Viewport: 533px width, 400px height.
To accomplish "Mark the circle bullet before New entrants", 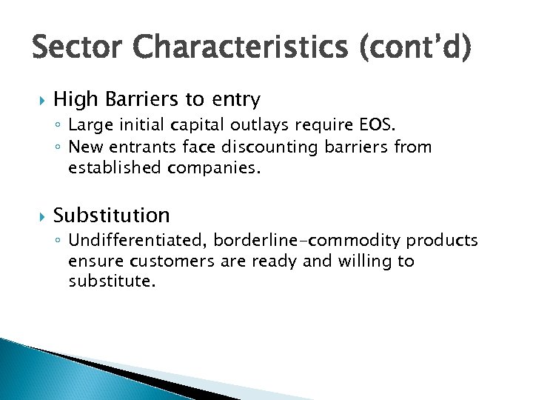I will [59, 147].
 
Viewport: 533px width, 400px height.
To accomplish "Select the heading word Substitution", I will [112, 216].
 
